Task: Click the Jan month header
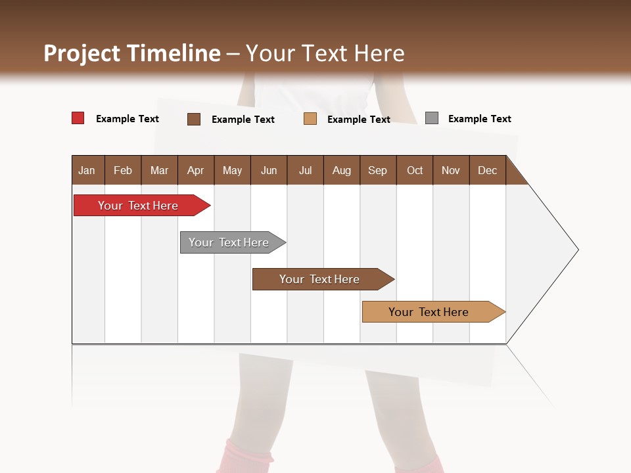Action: point(87,171)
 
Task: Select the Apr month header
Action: point(195,171)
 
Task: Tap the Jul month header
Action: point(305,171)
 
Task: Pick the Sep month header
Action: point(377,171)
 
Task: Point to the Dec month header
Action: point(487,171)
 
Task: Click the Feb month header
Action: point(123,171)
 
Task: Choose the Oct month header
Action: point(415,171)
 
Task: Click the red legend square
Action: point(78,118)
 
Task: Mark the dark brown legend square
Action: point(194,119)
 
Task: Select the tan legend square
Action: point(310,119)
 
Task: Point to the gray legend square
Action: point(432,118)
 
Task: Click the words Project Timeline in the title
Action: point(131,53)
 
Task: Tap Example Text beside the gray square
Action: point(479,119)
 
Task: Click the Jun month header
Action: point(269,171)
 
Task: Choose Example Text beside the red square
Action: point(127,119)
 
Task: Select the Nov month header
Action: point(451,171)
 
